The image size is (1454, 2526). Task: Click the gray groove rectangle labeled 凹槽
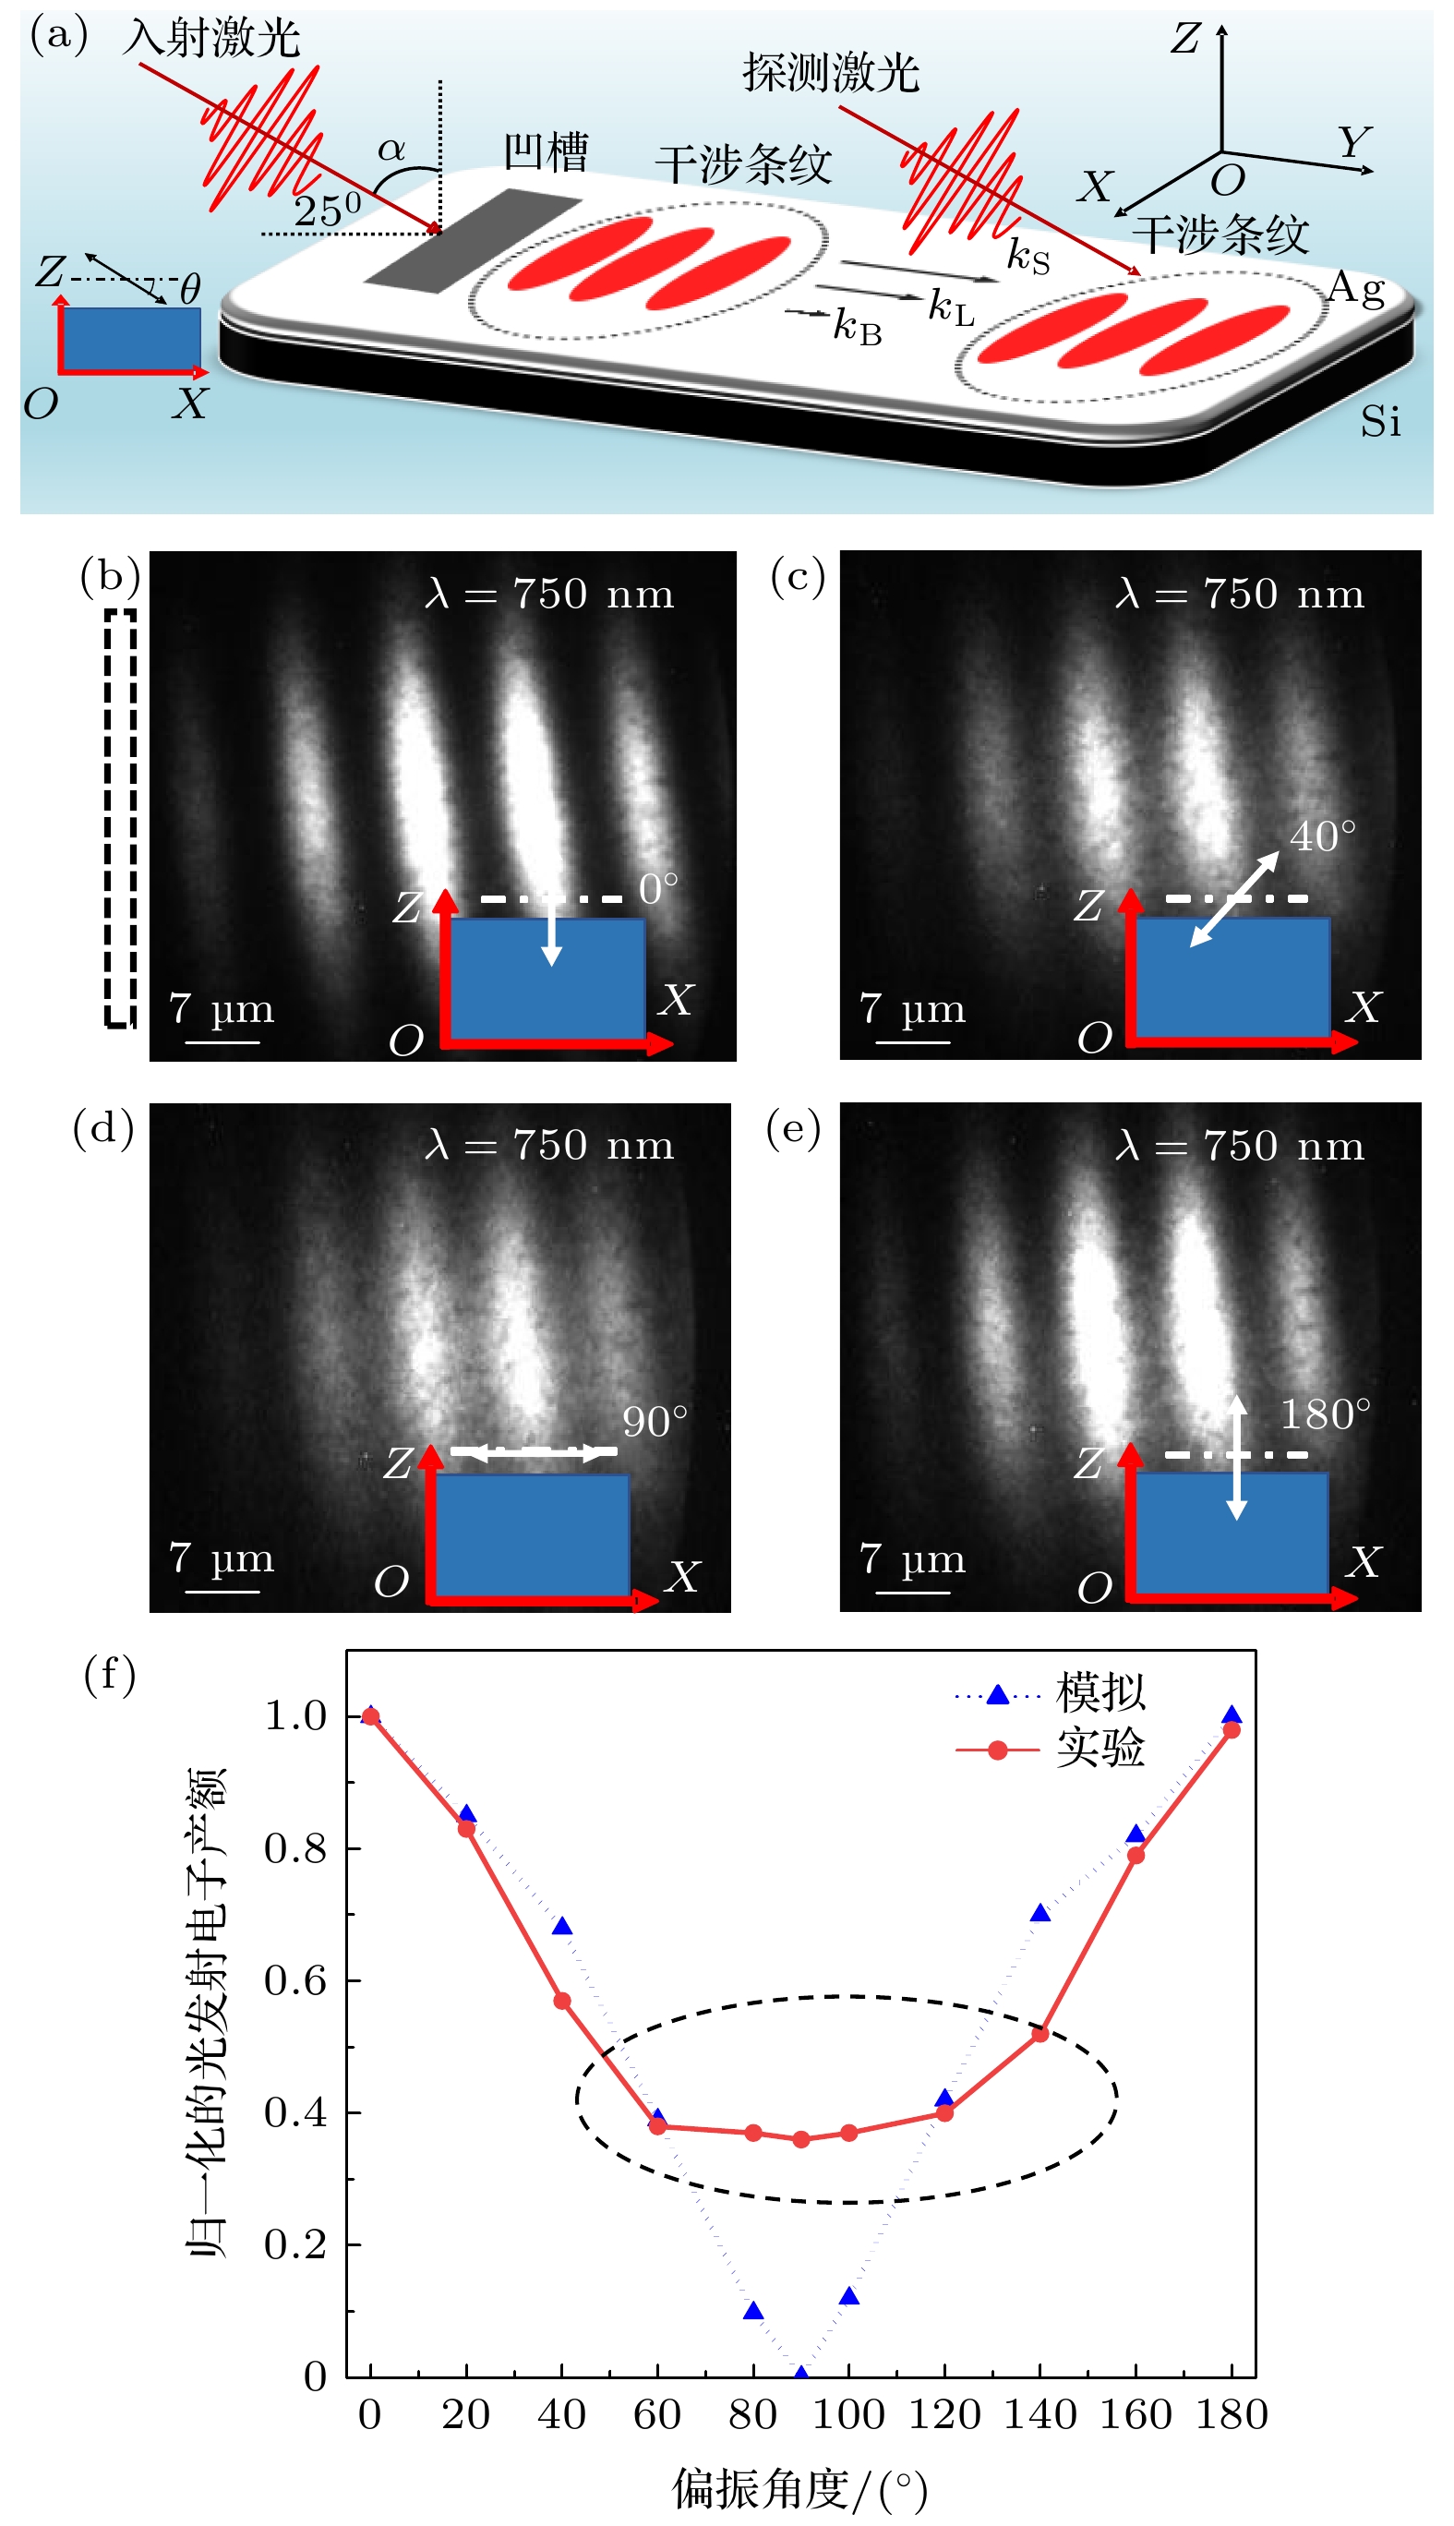click(x=473, y=240)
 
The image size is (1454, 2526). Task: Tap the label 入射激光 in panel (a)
click(x=211, y=39)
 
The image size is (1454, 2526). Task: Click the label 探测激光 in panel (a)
click(x=830, y=72)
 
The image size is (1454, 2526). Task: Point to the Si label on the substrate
click(x=1380, y=422)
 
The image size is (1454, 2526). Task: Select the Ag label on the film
click(x=1355, y=289)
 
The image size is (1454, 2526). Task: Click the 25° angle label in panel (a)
click(x=327, y=210)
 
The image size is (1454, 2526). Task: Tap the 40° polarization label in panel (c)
click(x=1322, y=836)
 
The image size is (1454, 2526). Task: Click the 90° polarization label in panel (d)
click(x=655, y=1422)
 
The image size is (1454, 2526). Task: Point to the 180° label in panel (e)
click(x=1325, y=1414)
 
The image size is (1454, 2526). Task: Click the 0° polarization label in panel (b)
click(x=658, y=888)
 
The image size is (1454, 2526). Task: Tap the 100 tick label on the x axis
click(x=847, y=2414)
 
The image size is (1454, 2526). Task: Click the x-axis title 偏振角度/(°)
click(x=799, y=2489)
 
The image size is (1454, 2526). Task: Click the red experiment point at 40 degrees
click(x=562, y=2001)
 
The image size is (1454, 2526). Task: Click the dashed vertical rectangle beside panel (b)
click(x=121, y=818)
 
